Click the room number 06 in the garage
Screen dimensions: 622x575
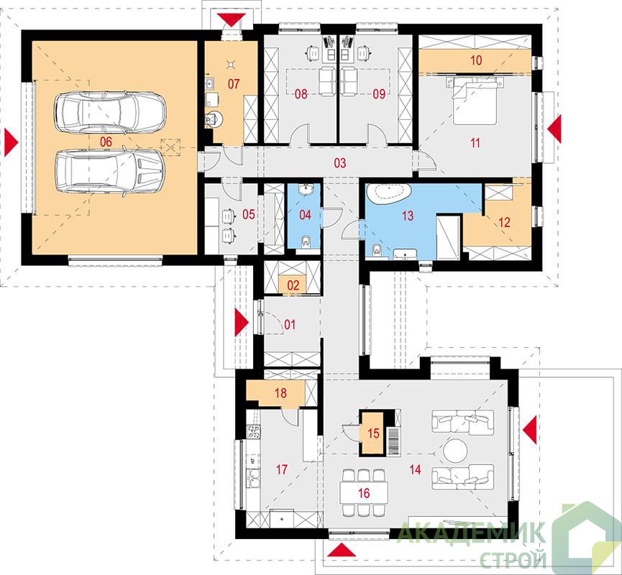(x=106, y=142)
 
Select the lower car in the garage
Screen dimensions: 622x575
(x=109, y=172)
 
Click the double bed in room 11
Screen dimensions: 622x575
(x=474, y=100)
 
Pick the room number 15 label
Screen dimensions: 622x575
(x=373, y=433)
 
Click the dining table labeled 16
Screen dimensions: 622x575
(x=364, y=493)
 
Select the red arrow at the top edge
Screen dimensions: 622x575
(x=231, y=19)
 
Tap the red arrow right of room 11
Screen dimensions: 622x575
(x=555, y=129)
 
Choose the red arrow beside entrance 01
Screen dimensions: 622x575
(x=241, y=323)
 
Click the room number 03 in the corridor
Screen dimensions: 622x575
(x=340, y=162)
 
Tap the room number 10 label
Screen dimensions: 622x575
(x=476, y=60)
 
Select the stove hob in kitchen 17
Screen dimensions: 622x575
(x=254, y=431)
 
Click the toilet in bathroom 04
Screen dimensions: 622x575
(x=306, y=241)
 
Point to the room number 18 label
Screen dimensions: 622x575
(x=280, y=393)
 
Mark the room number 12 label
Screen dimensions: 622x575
(x=504, y=223)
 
